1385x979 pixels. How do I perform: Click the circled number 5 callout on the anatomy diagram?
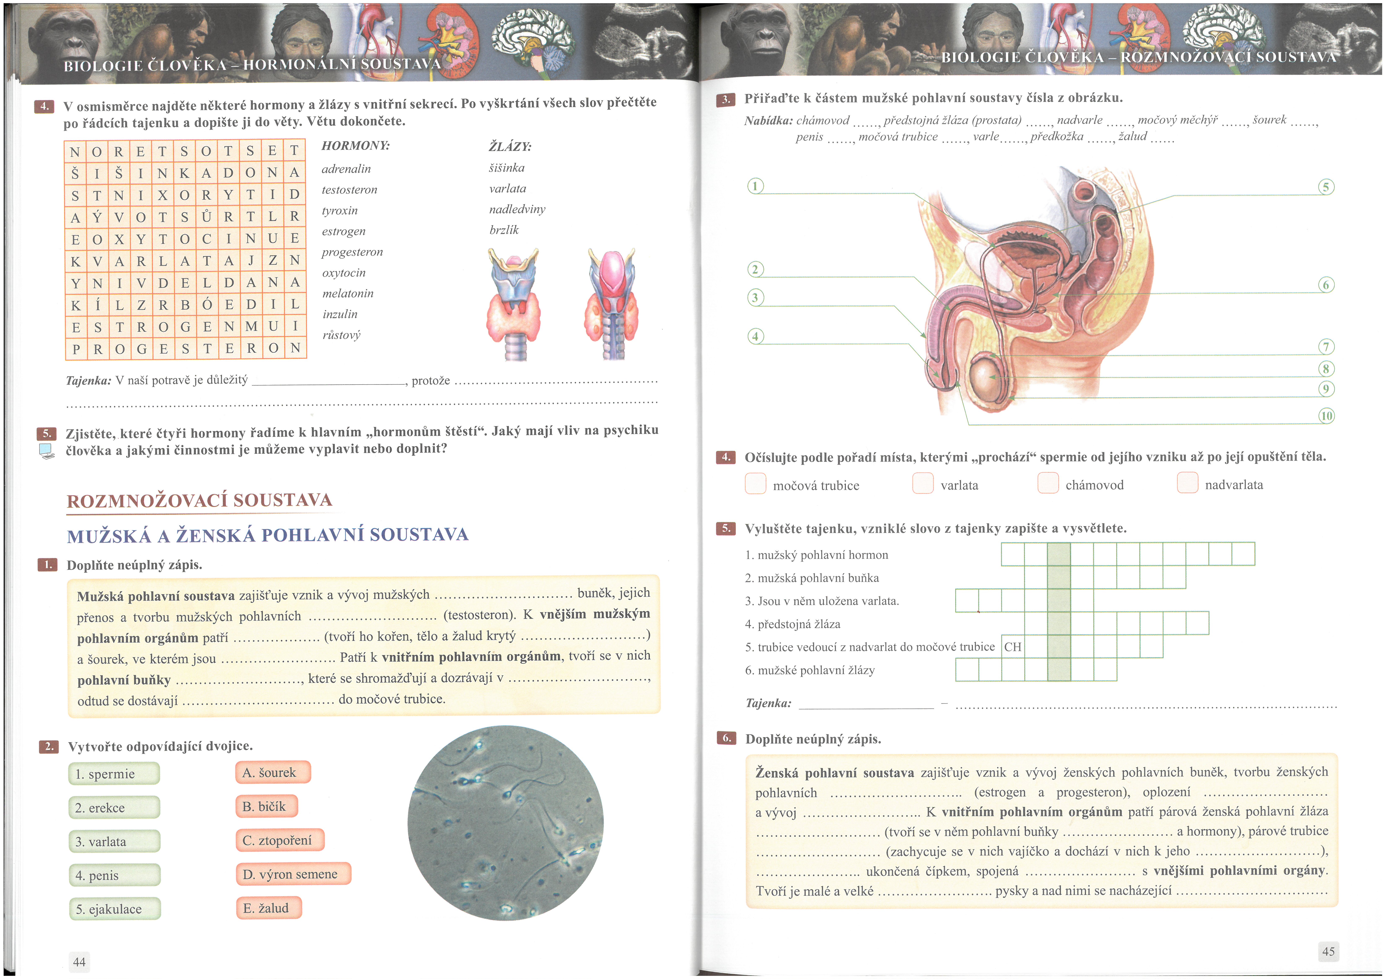coord(1326,187)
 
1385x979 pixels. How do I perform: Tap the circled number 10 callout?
coord(1327,416)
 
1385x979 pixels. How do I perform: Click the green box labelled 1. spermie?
coord(114,774)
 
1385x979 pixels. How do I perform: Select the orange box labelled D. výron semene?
coord(293,874)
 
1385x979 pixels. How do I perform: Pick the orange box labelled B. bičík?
coord(266,806)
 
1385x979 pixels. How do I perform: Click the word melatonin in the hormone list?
coord(347,294)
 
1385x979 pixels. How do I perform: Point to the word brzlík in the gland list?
coord(504,230)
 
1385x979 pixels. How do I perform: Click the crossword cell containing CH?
coord(1013,647)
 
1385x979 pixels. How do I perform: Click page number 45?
coord(1328,951)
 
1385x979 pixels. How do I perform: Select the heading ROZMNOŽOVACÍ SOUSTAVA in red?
coord(199,501)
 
